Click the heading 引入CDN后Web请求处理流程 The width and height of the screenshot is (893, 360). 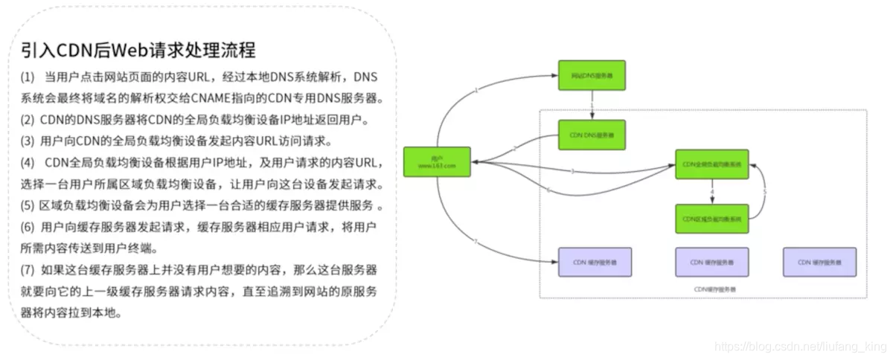point(138,51)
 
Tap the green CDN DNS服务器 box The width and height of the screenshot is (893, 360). point(592,135)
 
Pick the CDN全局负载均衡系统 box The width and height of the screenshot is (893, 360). point(711,164)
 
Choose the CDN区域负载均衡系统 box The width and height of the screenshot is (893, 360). point(711,219)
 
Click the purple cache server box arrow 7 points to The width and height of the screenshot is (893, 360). point(595,262)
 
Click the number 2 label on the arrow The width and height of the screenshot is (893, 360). point(513,150)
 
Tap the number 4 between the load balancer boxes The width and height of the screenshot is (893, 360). point(712,192)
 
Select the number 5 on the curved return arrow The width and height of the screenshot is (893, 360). point(765,192)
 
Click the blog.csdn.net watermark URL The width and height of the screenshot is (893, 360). point(799,347)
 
